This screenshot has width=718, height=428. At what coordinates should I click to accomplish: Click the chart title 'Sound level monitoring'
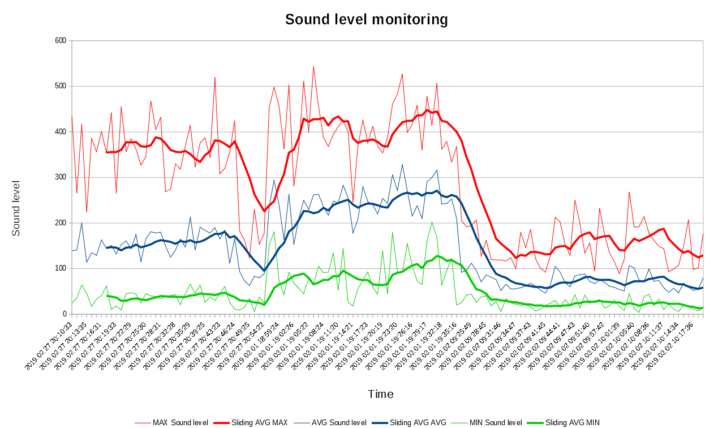click(x=366, y=20)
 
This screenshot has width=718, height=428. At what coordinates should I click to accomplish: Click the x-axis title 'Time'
click(x=380, y=394)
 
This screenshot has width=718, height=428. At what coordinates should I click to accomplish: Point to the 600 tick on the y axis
click(x=61, y=41)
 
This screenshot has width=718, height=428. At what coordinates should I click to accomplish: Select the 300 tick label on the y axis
click(x=61, y=177)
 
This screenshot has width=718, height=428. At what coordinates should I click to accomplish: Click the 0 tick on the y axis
click(x=65, y=314)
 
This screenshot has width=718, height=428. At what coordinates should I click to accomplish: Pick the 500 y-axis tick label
click(x=61, y=86)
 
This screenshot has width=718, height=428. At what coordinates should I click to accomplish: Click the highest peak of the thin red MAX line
click(x=313, y=66)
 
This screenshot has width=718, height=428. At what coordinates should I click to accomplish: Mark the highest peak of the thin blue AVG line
click(x=402, y=165)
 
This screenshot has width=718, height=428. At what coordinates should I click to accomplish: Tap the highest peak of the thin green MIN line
click(x=432, y=222)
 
